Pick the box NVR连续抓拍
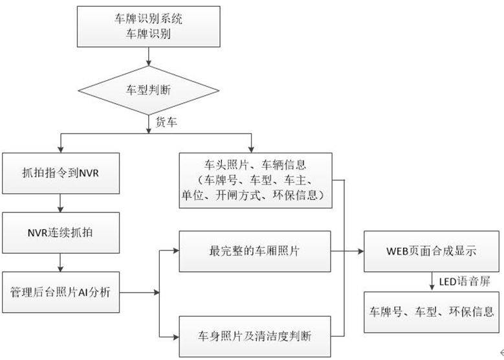tap(60, 231)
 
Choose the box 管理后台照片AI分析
tap(60, 292)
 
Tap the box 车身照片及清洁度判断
tap(254, 336)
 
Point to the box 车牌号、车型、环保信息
tap(432, 311)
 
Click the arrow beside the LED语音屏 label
tap(432, 280)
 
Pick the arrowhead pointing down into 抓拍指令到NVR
tap(60, 148)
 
